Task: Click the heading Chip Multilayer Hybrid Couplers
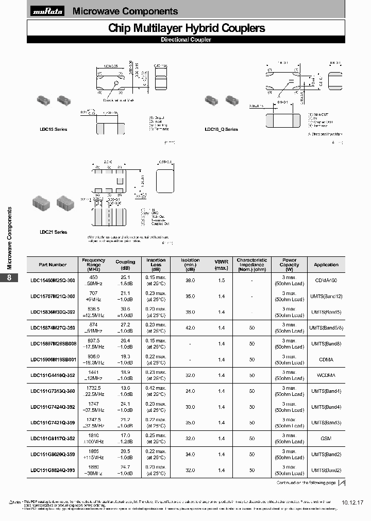pos(187,28)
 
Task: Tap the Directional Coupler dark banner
pos(185,40)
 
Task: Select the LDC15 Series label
pos(57,129)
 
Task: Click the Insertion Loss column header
pos(156,265)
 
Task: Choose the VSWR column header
pos(221,265)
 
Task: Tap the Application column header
pos(326,265)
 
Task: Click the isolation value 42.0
pos(190,328)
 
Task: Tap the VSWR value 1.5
pos(221,281)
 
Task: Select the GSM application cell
pos(326,439)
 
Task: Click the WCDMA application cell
pos(326,376)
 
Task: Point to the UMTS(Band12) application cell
pos(326,297)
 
